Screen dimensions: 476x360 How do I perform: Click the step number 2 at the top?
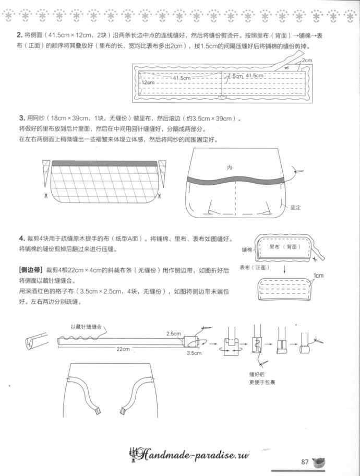coord(19,35)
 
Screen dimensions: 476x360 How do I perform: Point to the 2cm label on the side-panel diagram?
coord(307,61)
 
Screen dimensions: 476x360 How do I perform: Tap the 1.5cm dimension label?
coord(235,76)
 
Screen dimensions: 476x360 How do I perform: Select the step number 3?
coord(22,118)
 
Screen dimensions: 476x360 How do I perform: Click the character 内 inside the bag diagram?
coord(229,168)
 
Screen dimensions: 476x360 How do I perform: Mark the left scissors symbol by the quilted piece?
coord(46,196)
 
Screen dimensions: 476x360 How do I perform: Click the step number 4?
coord(22,237)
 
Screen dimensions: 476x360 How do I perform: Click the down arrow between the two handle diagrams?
coord(285,270)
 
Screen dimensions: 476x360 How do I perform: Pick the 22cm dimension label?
coord(123,349)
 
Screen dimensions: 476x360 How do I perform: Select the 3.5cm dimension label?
coord(194,353)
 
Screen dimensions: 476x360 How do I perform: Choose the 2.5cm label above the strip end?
coord(173,333)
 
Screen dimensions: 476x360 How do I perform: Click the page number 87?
coord(306,461)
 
